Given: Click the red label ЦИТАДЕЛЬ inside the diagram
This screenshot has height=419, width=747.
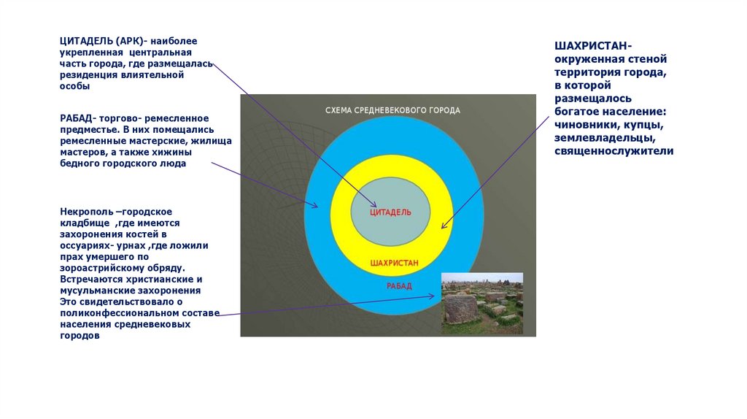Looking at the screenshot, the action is point(390,212).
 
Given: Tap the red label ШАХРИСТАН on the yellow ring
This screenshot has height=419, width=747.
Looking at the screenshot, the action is point(395,262).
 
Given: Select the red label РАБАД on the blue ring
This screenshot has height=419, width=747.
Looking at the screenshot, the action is point(399,286).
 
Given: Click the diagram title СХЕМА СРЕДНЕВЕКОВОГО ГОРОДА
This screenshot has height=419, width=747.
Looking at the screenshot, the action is point(392,111).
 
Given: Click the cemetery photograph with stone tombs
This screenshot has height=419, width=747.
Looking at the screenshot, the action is point(482,304).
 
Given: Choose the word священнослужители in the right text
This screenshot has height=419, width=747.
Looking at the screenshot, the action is point(614,151).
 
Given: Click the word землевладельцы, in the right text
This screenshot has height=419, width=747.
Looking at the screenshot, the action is point(603,138).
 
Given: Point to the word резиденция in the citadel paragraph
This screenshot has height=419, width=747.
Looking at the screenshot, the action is point(87,74).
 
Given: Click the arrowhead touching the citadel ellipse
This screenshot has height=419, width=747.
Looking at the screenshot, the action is point(374,205).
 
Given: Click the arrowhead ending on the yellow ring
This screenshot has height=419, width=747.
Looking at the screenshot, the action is point(445,226).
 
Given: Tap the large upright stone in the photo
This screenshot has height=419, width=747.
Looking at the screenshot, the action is point(461,308).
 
